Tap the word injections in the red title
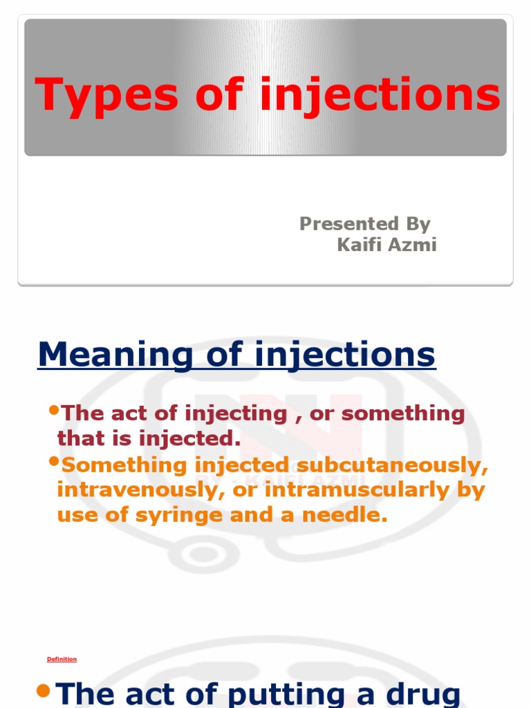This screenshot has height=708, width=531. click(380, 95)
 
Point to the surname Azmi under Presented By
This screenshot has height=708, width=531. click(413, 245)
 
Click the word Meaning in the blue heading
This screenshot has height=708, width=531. click(114, 355)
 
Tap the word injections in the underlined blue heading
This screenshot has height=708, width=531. click(345, 355)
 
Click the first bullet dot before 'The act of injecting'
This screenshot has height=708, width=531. click(54, 410)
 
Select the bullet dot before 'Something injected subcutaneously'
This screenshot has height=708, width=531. click(54, 461)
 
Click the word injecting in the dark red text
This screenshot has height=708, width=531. click(235, 414)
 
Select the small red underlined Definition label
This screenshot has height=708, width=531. click(62, 660)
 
